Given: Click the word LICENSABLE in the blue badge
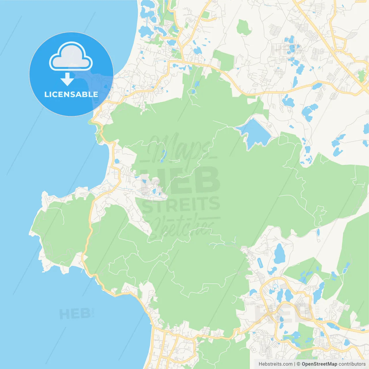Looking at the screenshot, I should pyautogui.click(x=71, y=94).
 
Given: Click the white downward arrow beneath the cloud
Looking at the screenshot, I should pyautogui.click(x=67, y=79).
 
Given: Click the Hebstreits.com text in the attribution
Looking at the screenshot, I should pyautogui.click(x=275, y=364).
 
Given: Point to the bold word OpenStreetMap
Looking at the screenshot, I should pyautogui.click(x=319, y=364).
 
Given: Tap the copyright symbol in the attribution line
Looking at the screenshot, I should pyautogui.click(x=298, y=364).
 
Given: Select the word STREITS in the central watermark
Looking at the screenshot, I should pyautogui.click(x=181, y=204).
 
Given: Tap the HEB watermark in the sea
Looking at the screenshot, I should pyautogui.click(x=75, y=314).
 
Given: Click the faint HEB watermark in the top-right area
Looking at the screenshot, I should pyautogui.click(x=284, y=50).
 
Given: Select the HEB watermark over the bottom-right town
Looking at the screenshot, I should pyautogui.click(x=284, y=314).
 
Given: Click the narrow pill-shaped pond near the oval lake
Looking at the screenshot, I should pyautogui.click(x=260, y=263).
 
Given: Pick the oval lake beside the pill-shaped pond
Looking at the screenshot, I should pyautogui.click(x=279, y=254).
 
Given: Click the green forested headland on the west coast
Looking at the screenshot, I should pyautogui.click(x=62, y=231).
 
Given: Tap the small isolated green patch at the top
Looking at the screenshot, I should pyautogui.click(x=244, y=27).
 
